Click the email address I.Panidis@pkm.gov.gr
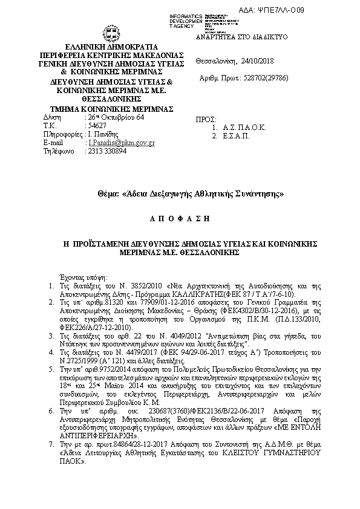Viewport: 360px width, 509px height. pyautogui.click(x=122, y=143)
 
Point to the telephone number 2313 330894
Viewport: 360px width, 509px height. pyautogui.click(x=106, y=151)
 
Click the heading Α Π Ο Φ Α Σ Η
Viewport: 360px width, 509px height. pyautogui.click(x=179, y=217)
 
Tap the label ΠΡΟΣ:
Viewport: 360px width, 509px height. pyautogui.click(x=208, y=120)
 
